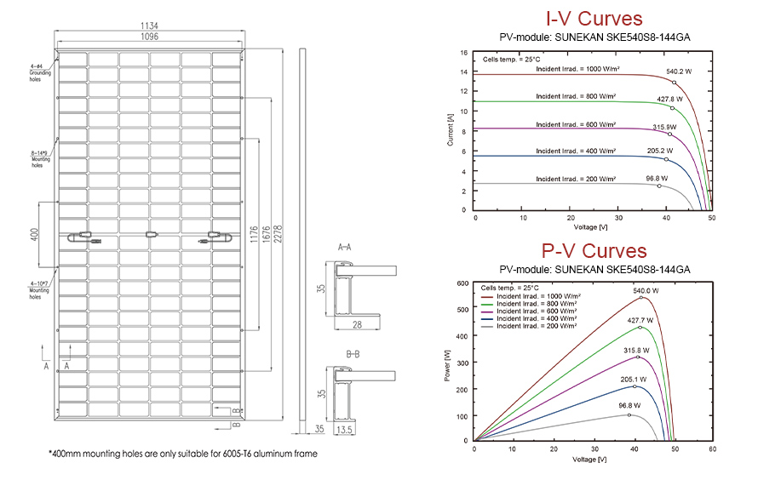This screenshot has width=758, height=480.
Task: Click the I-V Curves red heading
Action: pyautogui.click(x=593, y=20)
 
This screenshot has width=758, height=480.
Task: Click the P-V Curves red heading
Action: pyautogui.click(x=594, y=252)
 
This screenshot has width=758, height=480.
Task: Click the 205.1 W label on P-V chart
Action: pyautogui.click(x=632, y=380)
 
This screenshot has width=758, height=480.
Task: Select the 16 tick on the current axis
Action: pyautogui.click(x=464, y=52)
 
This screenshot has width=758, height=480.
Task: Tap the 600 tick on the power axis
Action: pyautogui.click(x=462, y=283)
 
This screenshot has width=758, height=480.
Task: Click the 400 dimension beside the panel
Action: pyautogui.click(x=35, y=234)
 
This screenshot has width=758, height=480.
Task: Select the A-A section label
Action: pyautogui.click(x=346, y=247)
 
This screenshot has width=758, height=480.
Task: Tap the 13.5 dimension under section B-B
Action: pyautogui.click(x=344, y=430)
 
